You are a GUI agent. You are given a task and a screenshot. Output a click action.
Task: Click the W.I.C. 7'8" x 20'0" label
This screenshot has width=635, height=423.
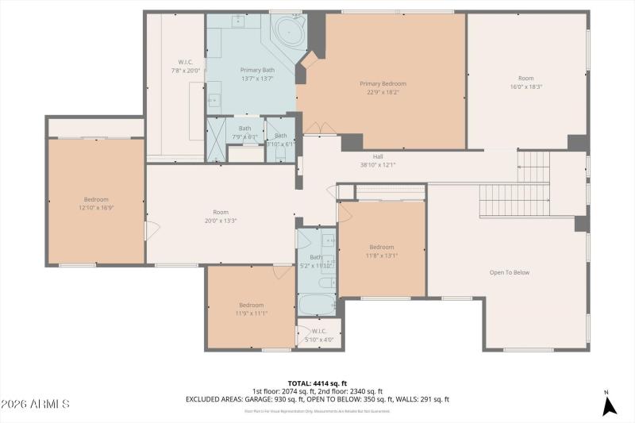[x=186, y=67]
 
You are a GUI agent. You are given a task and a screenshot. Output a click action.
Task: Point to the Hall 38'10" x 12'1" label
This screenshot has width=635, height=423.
[x=378, y=160]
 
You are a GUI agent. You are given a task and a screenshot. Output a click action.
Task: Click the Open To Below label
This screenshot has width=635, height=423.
[x=509, y=272]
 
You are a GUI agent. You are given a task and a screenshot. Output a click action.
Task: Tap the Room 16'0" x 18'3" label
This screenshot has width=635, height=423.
[x=526, y=82]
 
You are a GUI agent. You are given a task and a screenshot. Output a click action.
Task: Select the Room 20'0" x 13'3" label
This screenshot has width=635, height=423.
[x=220, y=216]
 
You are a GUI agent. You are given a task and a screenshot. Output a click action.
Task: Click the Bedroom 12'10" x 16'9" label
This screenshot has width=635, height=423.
[x=96, y=203]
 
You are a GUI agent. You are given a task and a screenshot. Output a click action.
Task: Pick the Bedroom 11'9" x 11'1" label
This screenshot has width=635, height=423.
[x=252, y=309]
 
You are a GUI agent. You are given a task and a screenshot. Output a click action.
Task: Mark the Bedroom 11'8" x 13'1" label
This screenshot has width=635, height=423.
[x=381, y=251]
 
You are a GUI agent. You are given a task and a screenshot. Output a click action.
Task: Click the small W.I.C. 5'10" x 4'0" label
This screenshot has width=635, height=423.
[x=319, y=336]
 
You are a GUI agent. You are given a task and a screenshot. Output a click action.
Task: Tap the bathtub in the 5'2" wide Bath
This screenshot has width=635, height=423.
[x=317, y=304]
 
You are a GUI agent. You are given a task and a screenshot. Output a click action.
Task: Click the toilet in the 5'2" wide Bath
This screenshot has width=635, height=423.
[x=325, y=283]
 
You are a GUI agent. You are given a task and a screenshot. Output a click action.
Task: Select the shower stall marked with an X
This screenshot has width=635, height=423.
[x=216, y=140]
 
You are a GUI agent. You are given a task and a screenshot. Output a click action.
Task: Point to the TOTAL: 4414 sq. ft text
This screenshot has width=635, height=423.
[x=317, y=383]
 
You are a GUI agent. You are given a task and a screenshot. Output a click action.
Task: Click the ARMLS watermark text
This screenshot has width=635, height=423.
[x=35, y=405]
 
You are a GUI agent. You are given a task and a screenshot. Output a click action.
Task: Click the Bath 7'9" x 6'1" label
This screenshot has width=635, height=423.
[x=244, y=132]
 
